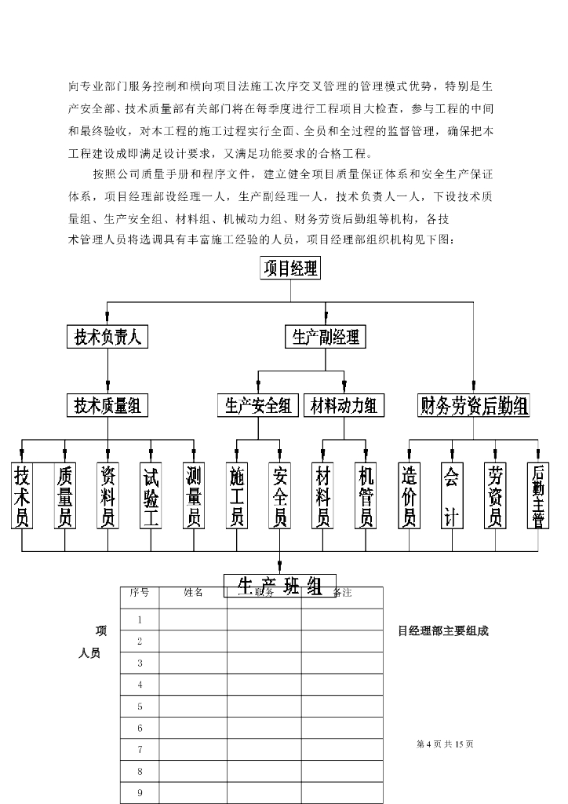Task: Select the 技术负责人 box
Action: click(107, 337)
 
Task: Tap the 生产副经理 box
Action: click(326, 337)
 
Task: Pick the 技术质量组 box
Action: click(107, 405)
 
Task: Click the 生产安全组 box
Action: click(258, 405)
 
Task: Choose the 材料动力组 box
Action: click(344, 405)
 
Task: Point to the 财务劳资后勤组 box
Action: click(474, 406)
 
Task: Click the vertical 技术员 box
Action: click(23, 495)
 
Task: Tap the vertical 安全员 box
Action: click(279, 495)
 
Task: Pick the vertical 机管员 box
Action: click(366, 495)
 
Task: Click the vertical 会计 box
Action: click(451, 495)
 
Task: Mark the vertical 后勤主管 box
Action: click(537, 495)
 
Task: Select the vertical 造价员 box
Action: click(409, 495)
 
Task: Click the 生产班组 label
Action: click(279, 586)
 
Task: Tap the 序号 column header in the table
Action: click(140, 593)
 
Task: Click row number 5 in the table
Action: click(140, 707)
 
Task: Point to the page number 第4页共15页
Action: click(445, 744)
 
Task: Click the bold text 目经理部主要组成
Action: click(443, 630)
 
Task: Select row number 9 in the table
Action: click(140, 792)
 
